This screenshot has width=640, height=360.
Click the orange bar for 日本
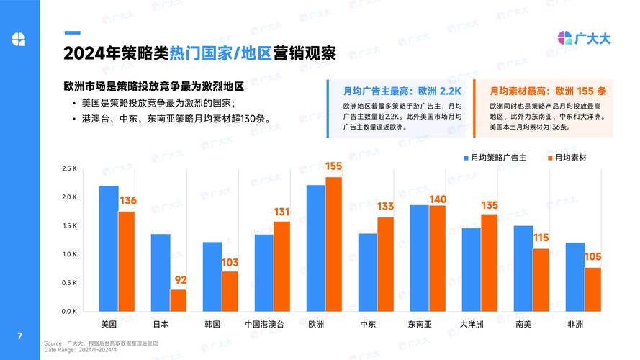(x=178, y=300)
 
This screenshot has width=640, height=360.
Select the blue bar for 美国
(x=109, y=248)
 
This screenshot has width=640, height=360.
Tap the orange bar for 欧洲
(x=333, y=244)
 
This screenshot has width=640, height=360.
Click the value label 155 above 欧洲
(x=333, y=166)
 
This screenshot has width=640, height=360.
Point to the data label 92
(x=178, y=279)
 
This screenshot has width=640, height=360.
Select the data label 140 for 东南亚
(x=438, y=199)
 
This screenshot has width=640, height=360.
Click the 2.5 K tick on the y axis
(x=70, y=168)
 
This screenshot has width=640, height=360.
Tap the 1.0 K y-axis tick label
(x=70, y=254)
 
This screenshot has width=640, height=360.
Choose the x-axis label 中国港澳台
(x=263, y=324)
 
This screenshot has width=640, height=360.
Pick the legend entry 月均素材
(x=572, y=157)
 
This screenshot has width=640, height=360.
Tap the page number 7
(x=19, y=336)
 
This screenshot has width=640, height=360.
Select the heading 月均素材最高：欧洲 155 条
(x=548, y=91)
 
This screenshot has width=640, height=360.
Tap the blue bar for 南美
(x=523, y=269)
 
